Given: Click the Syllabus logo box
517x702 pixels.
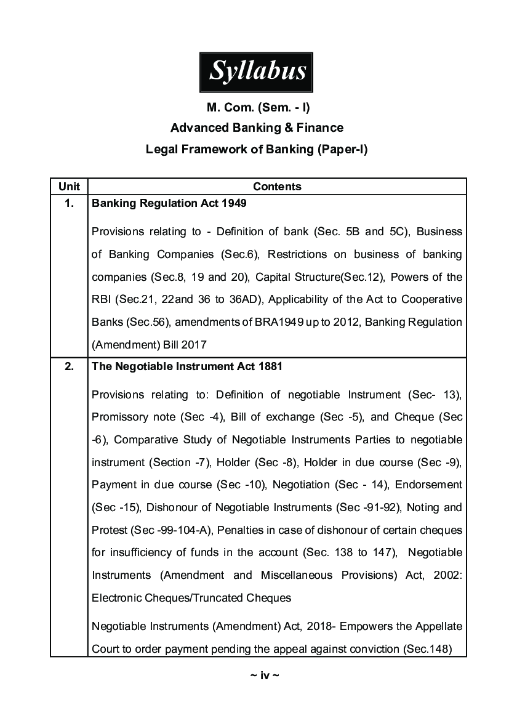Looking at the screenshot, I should tap(257, 71).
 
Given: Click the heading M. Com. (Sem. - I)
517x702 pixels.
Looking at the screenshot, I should tap(258, 108).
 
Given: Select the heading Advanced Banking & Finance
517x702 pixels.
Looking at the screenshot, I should tap(257, 128).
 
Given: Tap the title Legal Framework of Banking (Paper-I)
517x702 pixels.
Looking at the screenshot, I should tap(257, 149).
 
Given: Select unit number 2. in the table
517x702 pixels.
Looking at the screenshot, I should tap(69, 366).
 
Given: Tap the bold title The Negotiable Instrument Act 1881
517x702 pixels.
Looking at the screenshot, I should tap(187, 366).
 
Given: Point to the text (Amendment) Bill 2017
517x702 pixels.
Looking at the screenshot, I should tap(150, 345).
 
